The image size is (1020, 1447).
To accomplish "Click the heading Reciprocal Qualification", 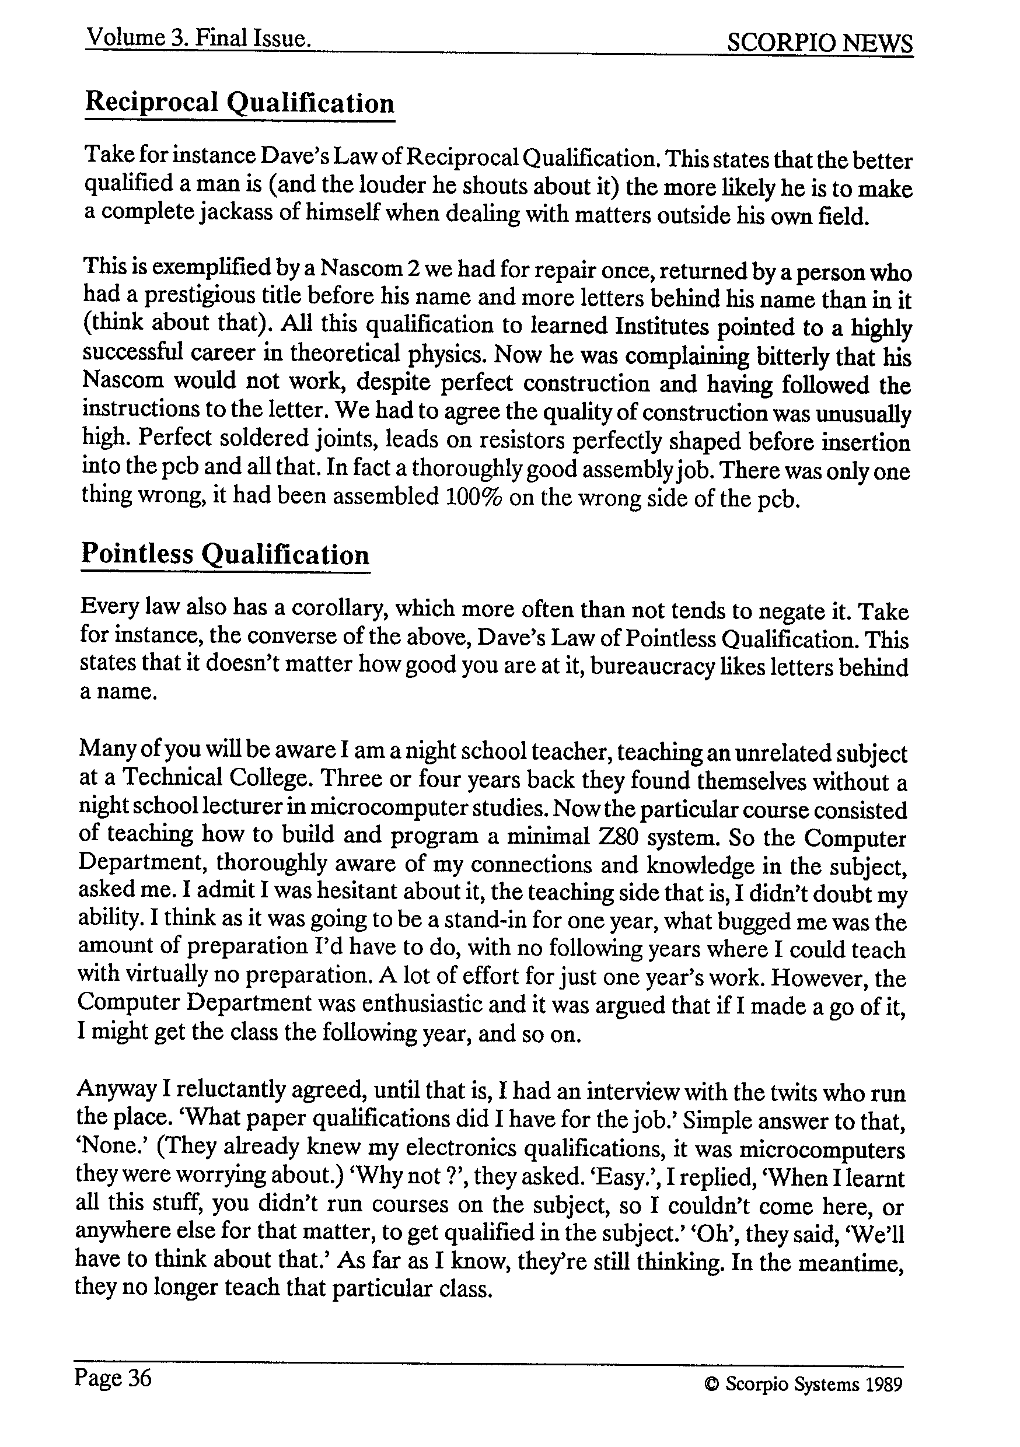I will pyautogui.click(x=240, y=103).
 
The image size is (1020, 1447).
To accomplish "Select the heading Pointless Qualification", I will pyautogui.click(x=225, y=555).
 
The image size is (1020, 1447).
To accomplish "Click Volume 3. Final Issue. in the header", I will pyautogui.click(x=198, y=39).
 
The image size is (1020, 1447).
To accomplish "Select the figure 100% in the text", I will pyautogui.click(x=473, y=497).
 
